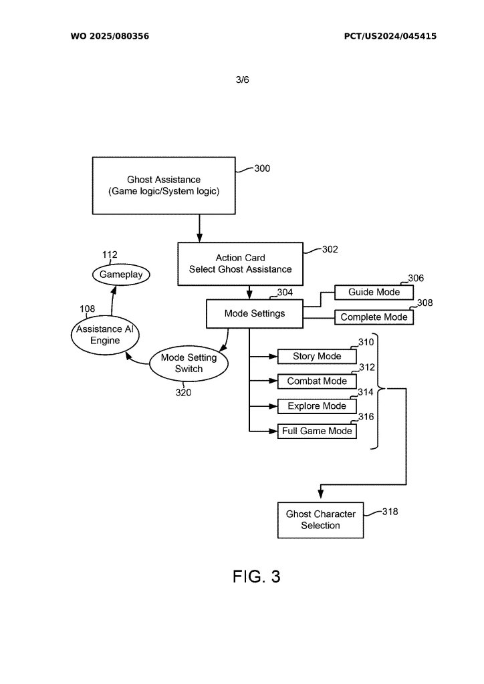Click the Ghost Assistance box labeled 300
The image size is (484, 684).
click(x=164, y=186)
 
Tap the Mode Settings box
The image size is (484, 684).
click(x=254, y=313)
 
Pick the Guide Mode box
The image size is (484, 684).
click(x=374, y=293)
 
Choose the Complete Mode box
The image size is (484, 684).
click(x=374, y=317)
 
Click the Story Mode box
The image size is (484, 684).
click(x=316, y=357)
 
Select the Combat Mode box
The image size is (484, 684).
click(x=316, y=381)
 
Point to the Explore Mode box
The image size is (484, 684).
click(x=316, y=406)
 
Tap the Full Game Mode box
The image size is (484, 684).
click(x=316, y=431)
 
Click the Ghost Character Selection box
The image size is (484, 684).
click(x=320, y=520)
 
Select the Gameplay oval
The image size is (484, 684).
click(x=121, y=275)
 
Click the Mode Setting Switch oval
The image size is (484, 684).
click(x=189, y=363)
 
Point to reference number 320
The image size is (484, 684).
click(x=183, y=393)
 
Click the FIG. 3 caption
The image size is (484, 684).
click(x=256, y=577)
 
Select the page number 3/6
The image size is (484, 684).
click(x=242, y=79)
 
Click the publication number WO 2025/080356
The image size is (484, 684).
click(x=110, y=36)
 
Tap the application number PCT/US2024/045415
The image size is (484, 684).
click(x=390, y=36)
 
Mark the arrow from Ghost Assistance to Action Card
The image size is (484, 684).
click(x=199, y=228)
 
